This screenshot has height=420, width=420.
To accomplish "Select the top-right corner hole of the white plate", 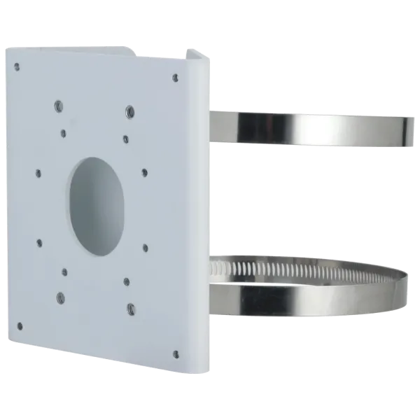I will [169, 78].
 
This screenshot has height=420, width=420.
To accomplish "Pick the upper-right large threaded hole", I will [130, 110].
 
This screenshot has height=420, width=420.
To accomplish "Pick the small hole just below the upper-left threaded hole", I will [64, 131].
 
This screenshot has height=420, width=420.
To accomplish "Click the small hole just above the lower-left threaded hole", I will [65, 272].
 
